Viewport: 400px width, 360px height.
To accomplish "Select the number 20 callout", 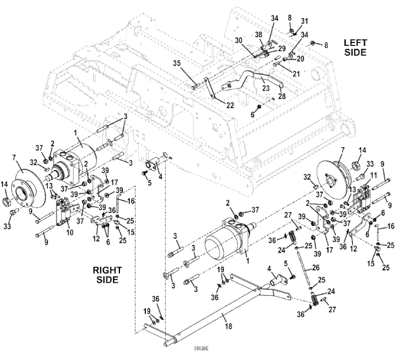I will (x=301, y=58).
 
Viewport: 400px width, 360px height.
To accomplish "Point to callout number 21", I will (x=295, y=74).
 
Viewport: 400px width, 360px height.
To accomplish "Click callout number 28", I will (x=281, y=95).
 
